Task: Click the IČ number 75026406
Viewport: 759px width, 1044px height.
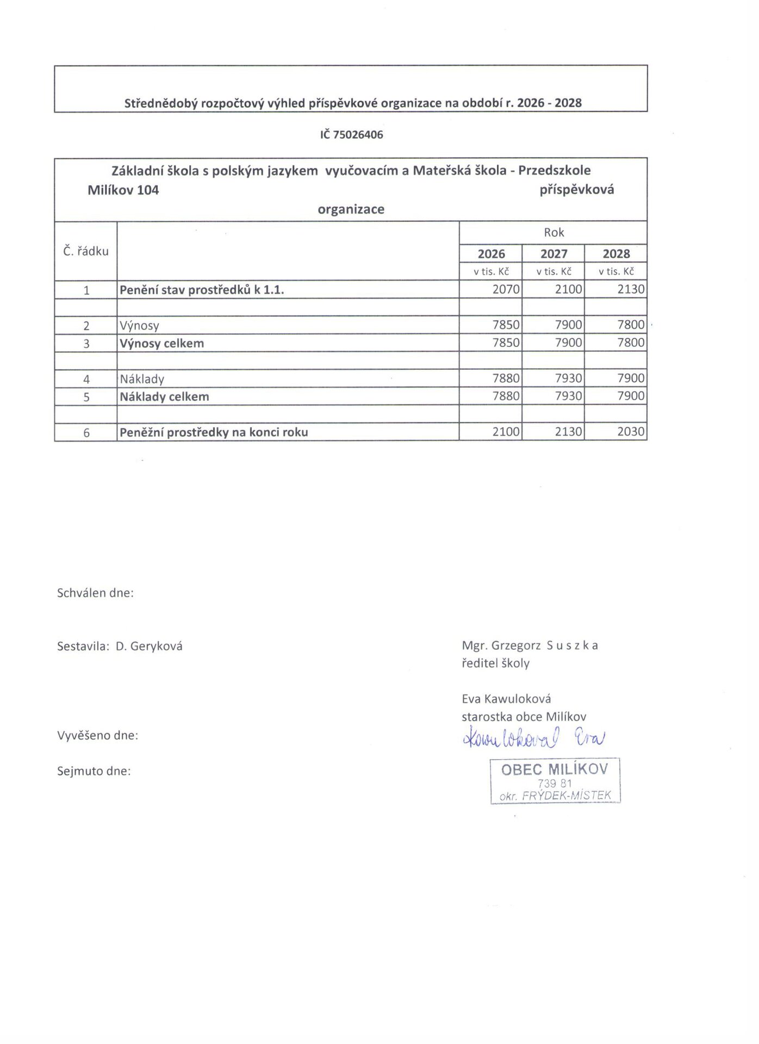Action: (x=351, y=135)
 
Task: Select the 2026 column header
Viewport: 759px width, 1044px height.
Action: (x=491, y=254)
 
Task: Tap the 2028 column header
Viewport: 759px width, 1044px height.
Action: (x=616, y=254)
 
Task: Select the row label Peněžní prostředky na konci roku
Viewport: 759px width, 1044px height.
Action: (x=214, y=432)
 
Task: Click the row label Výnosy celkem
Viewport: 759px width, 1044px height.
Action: (x=162, y=343)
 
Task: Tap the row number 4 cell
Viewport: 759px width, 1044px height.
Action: (x=86, y=379)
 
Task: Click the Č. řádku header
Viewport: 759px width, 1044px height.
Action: (x=86, y=251)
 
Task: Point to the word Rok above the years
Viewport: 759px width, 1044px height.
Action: (x=553, y=233)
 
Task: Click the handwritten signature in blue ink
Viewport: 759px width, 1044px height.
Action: (x=533, y=738)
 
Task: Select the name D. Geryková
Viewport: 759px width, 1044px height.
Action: (x=149, y=647)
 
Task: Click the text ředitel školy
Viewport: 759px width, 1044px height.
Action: (x=495, y=663)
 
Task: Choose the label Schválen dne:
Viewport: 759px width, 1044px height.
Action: (x=95, y=593)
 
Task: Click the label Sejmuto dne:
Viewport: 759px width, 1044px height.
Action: (x=94, y=771)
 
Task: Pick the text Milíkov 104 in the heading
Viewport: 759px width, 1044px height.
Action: (x=123, y=190)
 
